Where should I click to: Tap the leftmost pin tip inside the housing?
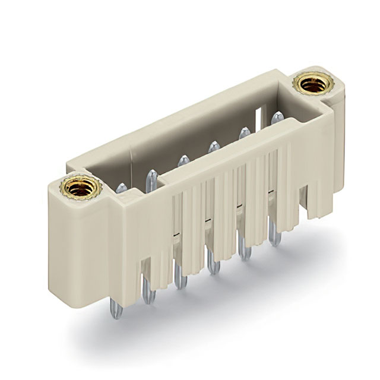[121, 188]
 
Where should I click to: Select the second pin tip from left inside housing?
[152, 175]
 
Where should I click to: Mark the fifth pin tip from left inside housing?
[244, 131]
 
